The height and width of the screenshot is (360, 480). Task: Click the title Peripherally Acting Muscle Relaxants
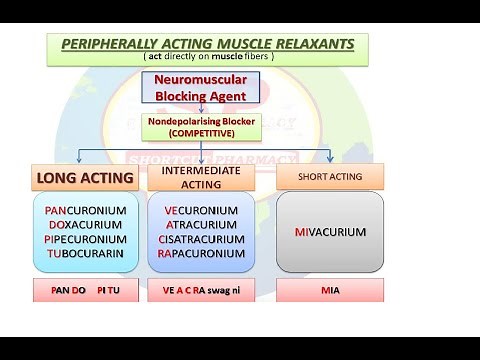206,45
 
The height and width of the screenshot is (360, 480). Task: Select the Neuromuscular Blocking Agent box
205,89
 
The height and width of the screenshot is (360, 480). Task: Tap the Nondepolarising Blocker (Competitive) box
205,126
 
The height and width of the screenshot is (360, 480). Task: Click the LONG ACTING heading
85,178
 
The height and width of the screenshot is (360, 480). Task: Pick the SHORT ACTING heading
330,177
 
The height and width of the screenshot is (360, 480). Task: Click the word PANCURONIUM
86,212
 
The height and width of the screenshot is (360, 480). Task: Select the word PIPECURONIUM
86,240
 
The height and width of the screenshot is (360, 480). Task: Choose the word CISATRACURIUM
201,240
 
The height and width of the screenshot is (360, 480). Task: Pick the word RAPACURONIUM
201,254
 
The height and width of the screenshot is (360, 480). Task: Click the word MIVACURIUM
330,232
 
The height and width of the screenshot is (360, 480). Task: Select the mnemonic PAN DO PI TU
85,291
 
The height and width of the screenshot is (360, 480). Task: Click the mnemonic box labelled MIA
330,291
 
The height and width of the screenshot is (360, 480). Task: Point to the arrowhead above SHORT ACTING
330,157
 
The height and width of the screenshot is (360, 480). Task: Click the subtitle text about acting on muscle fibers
206,58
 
